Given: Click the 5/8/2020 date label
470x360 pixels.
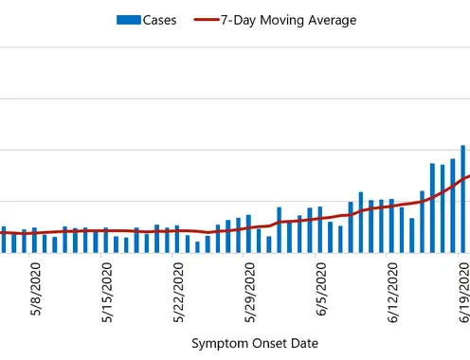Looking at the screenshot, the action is pyautogui.click(x=36, y=289).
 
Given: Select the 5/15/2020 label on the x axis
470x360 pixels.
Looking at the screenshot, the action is pyautogui.click(x=107, y=293).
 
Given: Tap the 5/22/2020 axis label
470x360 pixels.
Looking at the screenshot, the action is pyautogui.click(x=178, y=293).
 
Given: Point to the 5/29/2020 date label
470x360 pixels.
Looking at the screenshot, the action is pyautogui.click(x=250, y=293).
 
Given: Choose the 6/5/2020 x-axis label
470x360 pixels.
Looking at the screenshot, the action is pyautogui.click(x=321, y=289).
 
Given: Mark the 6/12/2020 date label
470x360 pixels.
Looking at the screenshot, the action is pyautogui.click(x=392, y=293).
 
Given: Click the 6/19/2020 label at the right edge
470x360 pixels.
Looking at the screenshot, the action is pyautogui.click(x=464, y=293).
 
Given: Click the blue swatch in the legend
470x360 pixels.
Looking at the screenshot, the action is pyautogui.click(x=129, y=20).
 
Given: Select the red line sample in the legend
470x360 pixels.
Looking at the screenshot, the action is pyautogui.click(x=207, y=20).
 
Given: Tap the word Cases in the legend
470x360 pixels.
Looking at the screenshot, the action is pyautogui.click(x=159, y=20).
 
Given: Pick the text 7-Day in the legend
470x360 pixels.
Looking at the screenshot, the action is pyautogui.click(x=238, y=21).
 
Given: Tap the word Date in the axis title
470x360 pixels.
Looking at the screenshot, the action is pyautogui.click(x=304, y=343).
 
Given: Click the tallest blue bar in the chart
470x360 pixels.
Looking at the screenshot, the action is pyautogui.click(x=463, y=199).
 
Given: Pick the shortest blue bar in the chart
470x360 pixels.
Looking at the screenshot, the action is pyautogui.click(x=197, y=247).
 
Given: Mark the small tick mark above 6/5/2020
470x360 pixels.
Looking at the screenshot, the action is pyautogui.click(x=316, y=255).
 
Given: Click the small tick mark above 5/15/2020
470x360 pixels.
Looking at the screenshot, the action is pyautogui.click(x=101, y=255).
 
